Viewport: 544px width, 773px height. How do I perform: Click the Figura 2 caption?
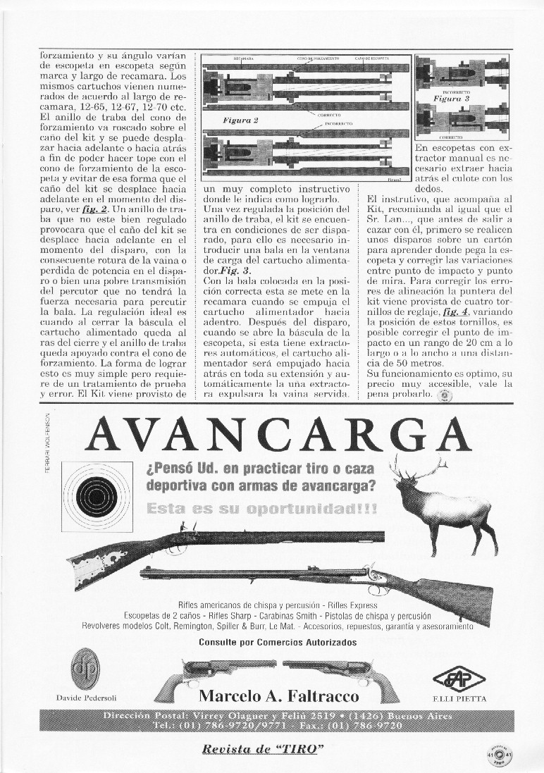pos(240,120)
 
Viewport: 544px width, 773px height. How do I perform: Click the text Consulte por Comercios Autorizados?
pos(278,642)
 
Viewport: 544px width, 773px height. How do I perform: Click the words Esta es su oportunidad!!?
pos(260,508)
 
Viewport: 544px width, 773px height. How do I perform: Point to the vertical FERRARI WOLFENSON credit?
pos(47,451)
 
